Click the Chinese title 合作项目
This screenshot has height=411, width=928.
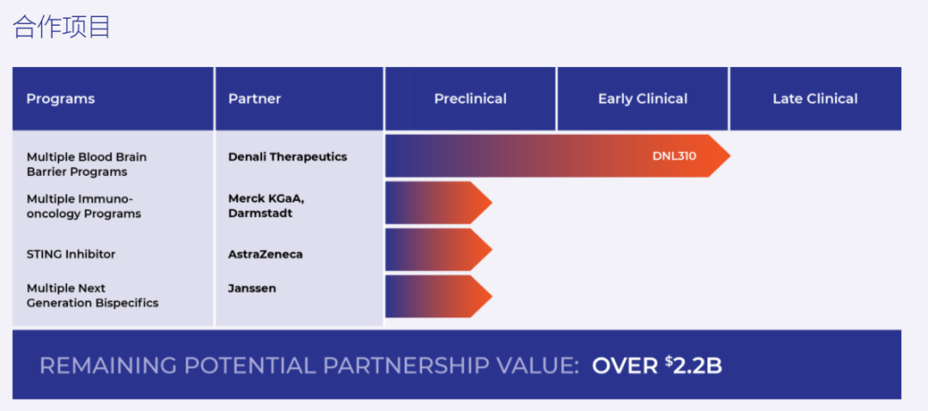[62, 27]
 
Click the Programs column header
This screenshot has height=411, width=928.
[60, 99]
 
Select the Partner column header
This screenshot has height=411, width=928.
[254, 99]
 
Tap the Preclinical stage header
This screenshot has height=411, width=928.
[470, 99]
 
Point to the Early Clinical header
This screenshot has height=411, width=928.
[643, 99]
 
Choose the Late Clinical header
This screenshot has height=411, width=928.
[815, 99]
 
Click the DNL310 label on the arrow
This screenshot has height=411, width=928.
[675, 157]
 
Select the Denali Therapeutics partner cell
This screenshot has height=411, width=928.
[288, 157]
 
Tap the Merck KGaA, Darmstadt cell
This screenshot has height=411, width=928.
[261, 206]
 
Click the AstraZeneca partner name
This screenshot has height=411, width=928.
[266, 254]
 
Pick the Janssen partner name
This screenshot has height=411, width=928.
[252, 288]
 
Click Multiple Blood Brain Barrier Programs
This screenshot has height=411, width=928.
[87, 165]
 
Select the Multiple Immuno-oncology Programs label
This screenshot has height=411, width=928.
[83, 207]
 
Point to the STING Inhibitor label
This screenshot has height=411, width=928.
[70, 254]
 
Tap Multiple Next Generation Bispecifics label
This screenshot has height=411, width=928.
[92, 296]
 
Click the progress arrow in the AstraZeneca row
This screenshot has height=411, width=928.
[438, 250]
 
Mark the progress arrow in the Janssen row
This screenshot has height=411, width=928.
[438, 296]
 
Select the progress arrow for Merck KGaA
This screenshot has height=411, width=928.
[438, 202]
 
